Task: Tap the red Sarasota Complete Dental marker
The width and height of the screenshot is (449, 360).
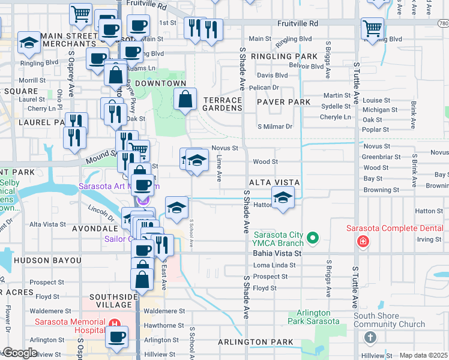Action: pyautogui.click(x=363, y=241)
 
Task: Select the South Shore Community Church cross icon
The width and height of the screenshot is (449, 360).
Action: pyautogui.click(x=370, y=338)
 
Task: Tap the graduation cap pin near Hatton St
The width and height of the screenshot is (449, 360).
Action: pyautogui.click(x=283, y=197)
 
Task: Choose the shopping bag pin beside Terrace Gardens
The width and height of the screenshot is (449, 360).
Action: pyautogui.click(x=185, y=99)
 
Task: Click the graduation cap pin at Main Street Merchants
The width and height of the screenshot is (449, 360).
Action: pyautogui.click(x=28, y=43)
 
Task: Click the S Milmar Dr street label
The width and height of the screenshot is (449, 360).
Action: pyautogui.click(x=274, y=127)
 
